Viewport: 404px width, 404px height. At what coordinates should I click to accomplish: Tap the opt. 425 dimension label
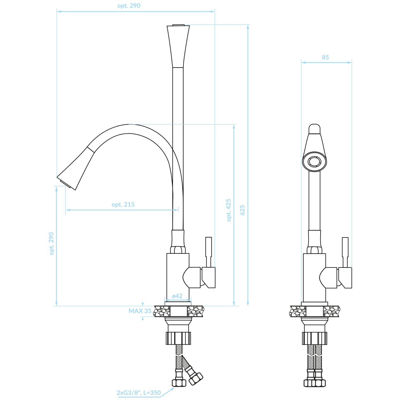click(229, 210)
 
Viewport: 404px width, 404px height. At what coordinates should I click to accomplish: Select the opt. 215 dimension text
click(123, 204)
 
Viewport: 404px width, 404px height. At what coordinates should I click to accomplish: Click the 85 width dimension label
click(326, 57)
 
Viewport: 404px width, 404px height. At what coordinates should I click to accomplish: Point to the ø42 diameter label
click(177, 296)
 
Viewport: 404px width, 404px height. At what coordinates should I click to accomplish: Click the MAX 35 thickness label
click(140, 311)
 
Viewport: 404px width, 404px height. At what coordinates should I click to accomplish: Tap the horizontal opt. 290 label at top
click(129, 6)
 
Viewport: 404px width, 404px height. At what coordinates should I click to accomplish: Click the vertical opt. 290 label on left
click(51, 243)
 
